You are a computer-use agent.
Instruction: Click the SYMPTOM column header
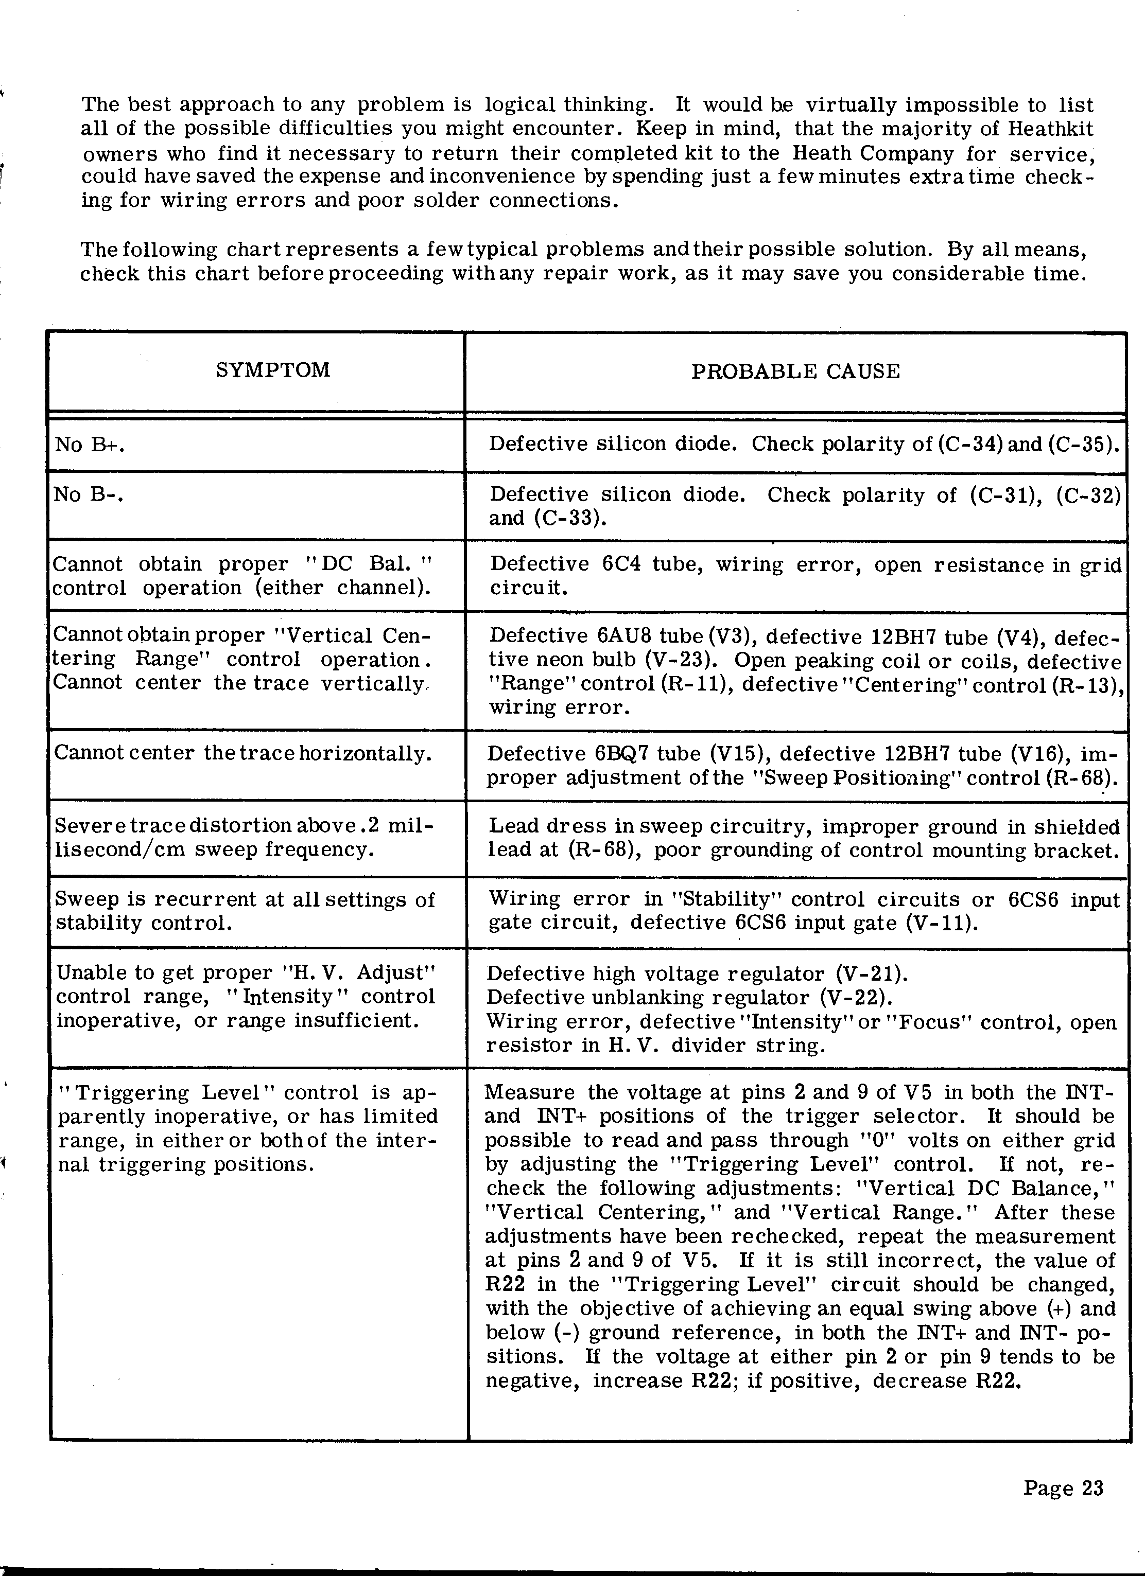(x=272, y=369)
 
